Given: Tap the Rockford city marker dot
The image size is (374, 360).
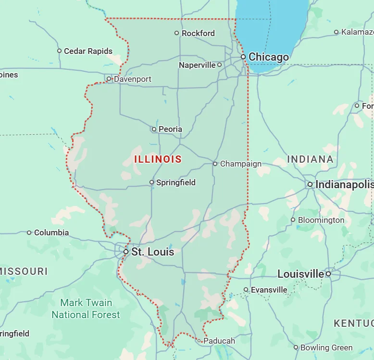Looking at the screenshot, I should pyautogui.click(x=176, y=33).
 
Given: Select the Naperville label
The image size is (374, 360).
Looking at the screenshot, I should pyautogui.click(x=197, y=65).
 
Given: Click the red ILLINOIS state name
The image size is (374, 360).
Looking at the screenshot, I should pyautogui.click(x=158, y=159).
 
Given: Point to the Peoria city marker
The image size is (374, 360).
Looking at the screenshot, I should pyautogui.click(x=154, y=129).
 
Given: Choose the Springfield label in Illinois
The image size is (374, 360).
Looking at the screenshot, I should pyautogui.click(x=176, y=182).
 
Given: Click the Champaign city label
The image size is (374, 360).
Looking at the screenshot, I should pyautogui.click(x=240, y=164).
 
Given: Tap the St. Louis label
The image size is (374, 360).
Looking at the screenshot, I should pyautogui.click(x=152, y=252).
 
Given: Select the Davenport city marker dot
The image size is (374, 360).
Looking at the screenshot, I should pyautogui.click(x=109, y=79).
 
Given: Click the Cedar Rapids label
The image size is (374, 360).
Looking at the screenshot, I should pyautogui.click(x=88, y=51).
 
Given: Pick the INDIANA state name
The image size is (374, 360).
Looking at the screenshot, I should pyautogui.click(x=310, y=159).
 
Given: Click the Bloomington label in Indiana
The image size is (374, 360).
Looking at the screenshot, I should pyautogui.click(x=321, y=220).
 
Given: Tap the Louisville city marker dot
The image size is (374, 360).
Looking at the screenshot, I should pyautogui.click(x=328, y=274).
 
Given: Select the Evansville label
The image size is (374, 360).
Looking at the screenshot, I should pyautogui.click(x=269, y=290).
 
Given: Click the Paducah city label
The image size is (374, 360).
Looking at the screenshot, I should pyautogui.click(x=219, y=341).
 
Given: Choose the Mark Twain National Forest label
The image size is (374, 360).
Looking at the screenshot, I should pyautogui.click(x=86, y=309).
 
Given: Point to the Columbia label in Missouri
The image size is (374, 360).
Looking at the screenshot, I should pyautogui.click(x=51, y=232).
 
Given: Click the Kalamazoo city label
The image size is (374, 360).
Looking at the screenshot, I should pyautogui.click(x=357, y=32).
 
